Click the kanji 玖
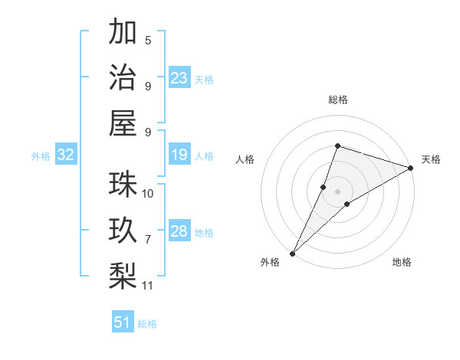tap(123, 231)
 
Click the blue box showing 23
tap(179, 77)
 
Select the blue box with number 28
tap(179, 231)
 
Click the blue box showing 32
tap(66, 155)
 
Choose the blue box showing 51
tap(123, 322)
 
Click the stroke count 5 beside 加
tap(148, 41)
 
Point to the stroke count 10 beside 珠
tap(148, 194)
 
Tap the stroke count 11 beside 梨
tap(148, 286)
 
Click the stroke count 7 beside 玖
tap(148, 240)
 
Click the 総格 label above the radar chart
tap(337, 100)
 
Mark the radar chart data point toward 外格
tap(293, 253)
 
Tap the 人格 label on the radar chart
tap(245, 159)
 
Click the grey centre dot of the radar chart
tap(337, 191)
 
